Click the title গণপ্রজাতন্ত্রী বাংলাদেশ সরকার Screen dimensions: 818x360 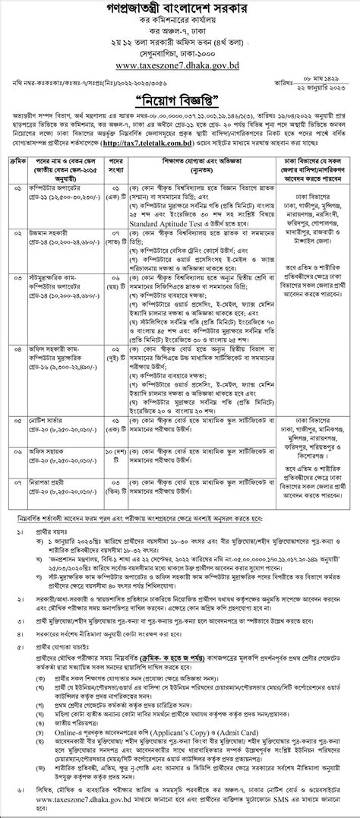point(180,11)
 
